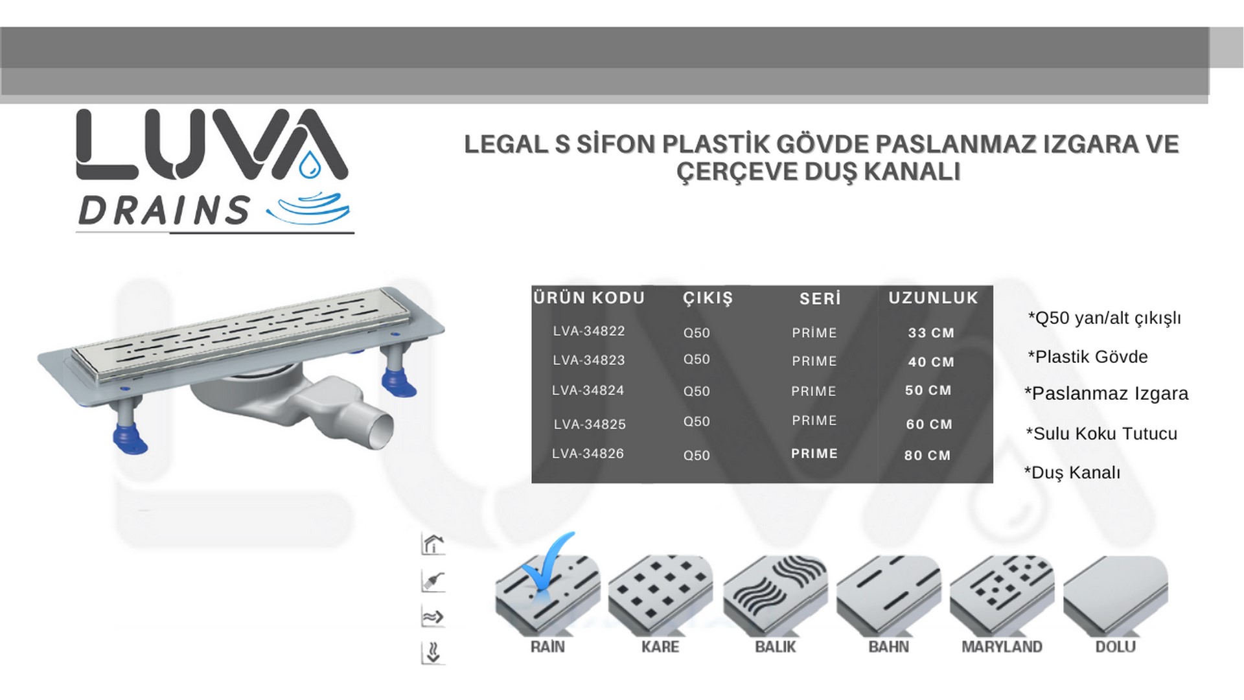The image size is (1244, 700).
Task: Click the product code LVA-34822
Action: click(588, 331)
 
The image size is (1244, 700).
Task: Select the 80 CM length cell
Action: click(927, 456)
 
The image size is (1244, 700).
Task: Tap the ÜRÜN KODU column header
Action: click(589, 297)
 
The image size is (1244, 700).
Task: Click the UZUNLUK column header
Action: click(933, 297)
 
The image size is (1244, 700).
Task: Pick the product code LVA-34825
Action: click(590, 425)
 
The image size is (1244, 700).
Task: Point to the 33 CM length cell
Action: click(931, 333)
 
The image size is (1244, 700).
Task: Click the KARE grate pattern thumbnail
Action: click(660, 594)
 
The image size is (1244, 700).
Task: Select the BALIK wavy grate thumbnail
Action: click(775, 594)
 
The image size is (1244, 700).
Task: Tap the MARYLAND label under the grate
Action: click(1002, 647)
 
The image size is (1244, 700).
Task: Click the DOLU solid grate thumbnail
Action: click(1116, 594)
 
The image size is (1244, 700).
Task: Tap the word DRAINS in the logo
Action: click(163, 210)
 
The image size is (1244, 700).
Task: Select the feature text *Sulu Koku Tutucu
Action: click(1101, 434)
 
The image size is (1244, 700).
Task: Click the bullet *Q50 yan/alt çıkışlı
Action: click(1104, 318)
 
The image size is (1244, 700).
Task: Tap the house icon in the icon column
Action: click(433, 544)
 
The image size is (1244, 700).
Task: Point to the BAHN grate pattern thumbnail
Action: click(889, 594)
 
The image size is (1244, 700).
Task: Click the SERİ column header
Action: click(820, 299)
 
